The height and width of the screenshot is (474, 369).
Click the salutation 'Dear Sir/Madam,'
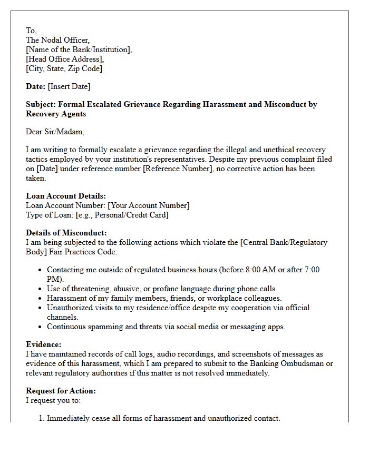[55, 132]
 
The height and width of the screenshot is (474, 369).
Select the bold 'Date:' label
[35, 86]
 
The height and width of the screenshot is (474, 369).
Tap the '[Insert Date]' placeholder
[69, 86]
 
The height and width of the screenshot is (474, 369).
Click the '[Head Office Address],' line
[65, 59]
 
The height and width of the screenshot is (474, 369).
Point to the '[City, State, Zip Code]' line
[64, 68]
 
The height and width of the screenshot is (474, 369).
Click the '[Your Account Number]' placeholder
[148, 205]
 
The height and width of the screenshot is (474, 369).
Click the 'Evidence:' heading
[43, 344]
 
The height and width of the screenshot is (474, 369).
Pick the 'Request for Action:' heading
[61, 391]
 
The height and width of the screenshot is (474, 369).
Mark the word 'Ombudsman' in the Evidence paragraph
[310, 363]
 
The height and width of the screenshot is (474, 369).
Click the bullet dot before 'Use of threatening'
[41, 289]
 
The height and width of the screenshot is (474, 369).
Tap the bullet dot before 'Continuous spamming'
[41, 327]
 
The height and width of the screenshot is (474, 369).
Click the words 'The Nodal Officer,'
[57, 40]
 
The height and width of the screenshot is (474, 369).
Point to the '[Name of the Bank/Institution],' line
[79, 50]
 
